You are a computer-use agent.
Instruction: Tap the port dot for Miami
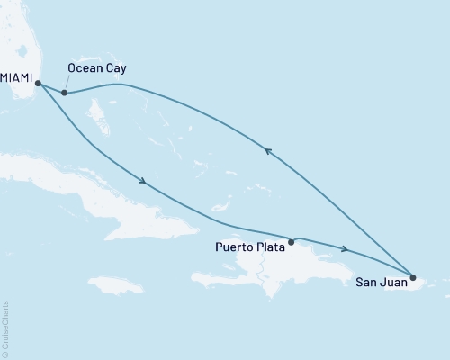pos(39,84)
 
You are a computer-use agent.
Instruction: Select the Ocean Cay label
pos(96,67)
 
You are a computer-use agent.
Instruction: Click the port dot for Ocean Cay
pos(65,93)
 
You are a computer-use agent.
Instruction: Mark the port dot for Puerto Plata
pos(291,242)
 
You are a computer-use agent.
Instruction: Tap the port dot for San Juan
pos(413,277)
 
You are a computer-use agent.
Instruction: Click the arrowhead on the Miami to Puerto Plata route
pos(143,183)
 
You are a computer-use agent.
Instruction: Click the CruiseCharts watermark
pos(5,329)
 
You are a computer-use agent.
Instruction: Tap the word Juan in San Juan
pos(393,283)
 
